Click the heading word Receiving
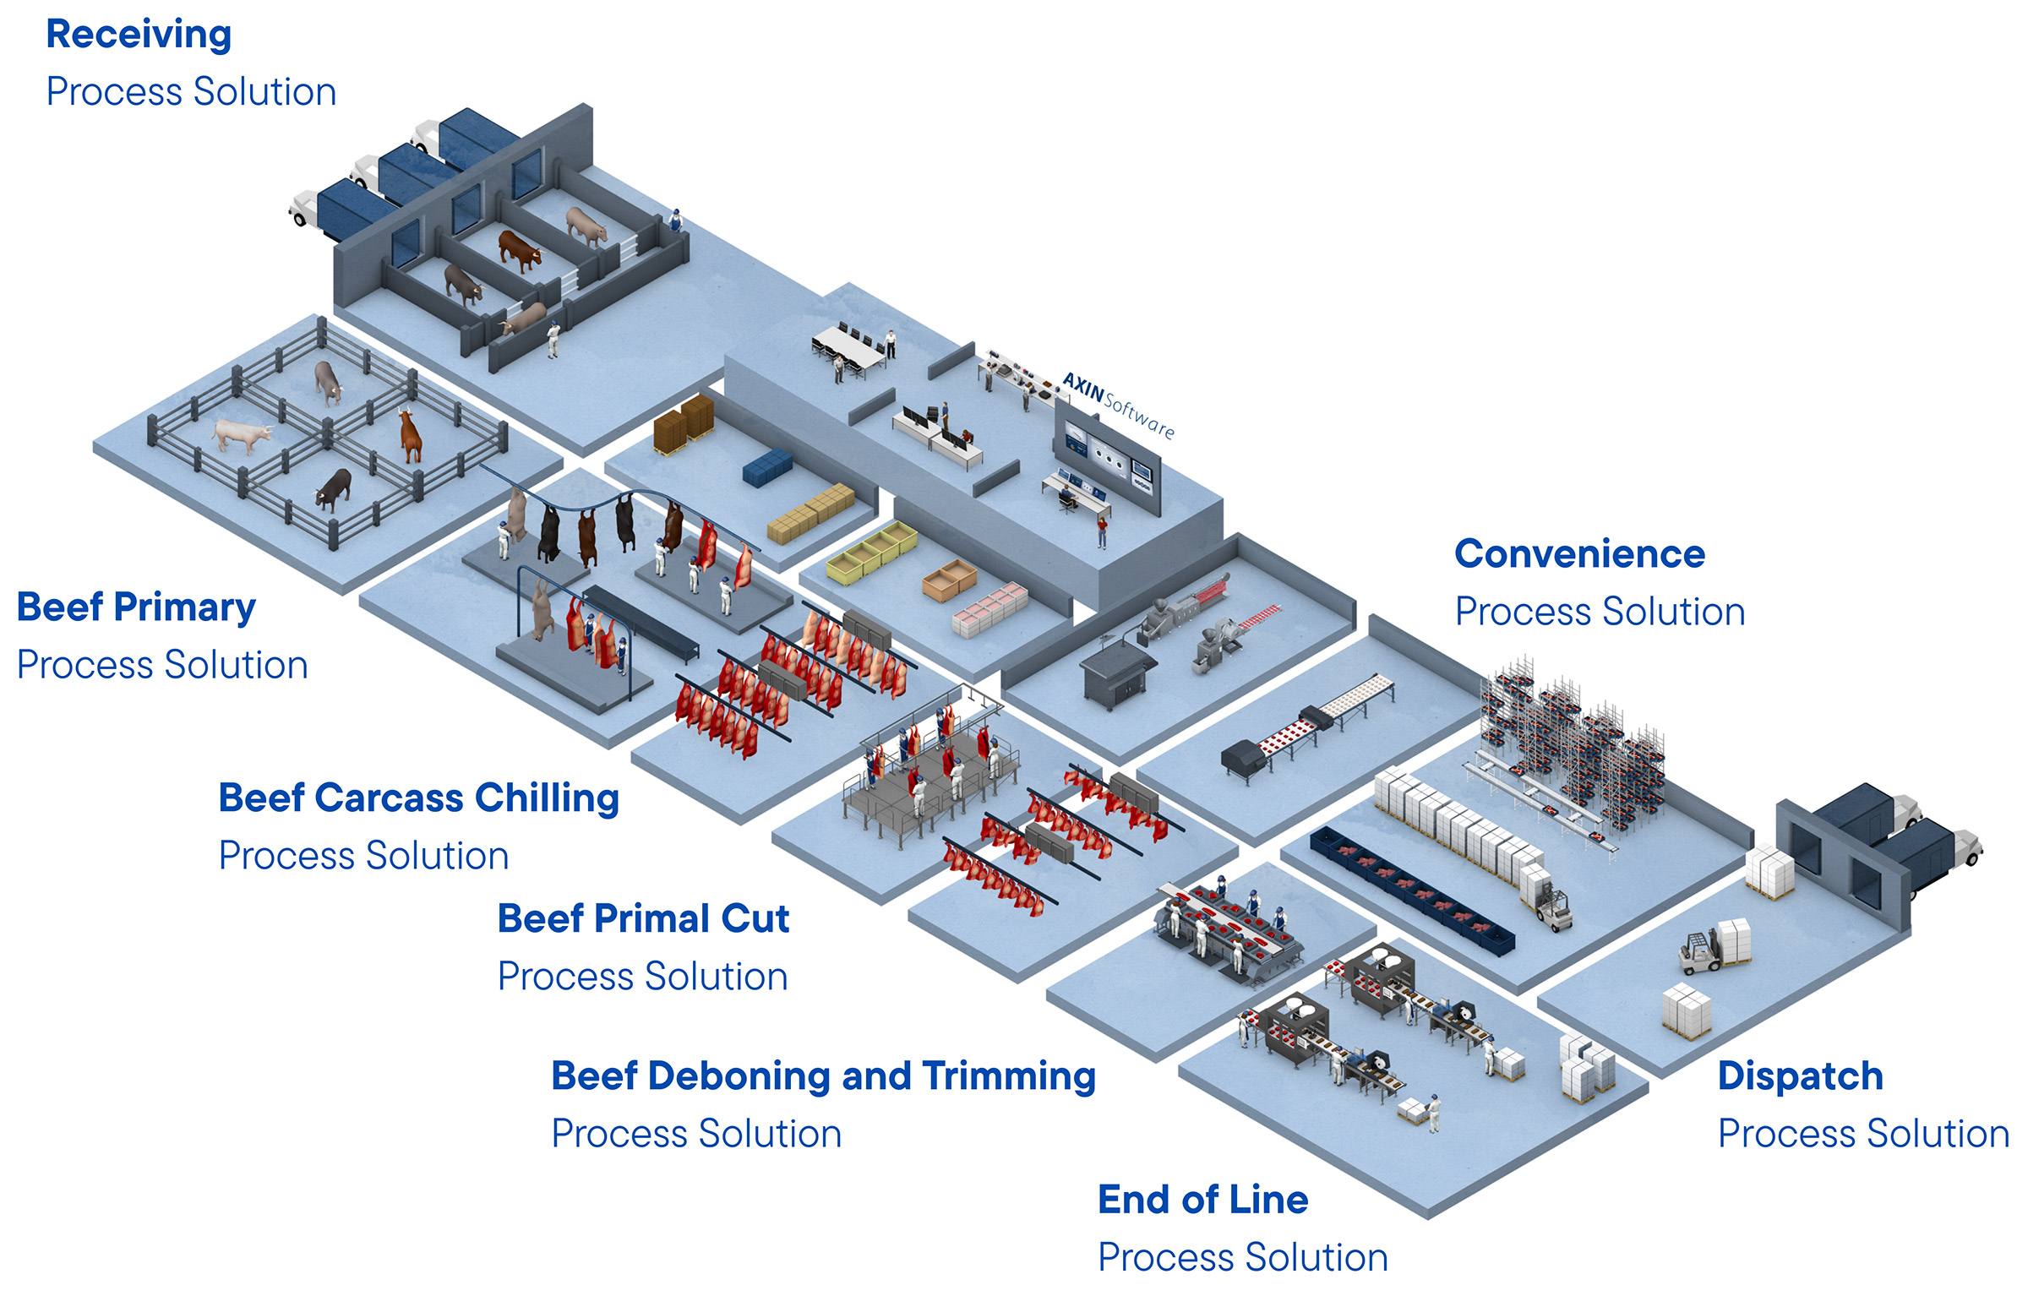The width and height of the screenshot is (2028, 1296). (x=139, y=35)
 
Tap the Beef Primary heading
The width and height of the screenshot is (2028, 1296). (x=136, y=608)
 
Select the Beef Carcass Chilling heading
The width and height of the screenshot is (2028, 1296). (x=418, y=798)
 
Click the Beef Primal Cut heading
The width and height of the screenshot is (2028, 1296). (x=643, y=919)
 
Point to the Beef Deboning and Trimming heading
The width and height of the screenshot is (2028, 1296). (x=823, y=1076)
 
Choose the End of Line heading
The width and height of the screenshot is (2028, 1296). (x=1202, y=1200)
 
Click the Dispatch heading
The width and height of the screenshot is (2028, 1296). (x=1800, y=1076)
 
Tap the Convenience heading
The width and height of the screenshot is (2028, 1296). (x=1579, y=555)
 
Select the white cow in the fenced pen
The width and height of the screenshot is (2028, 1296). (x=241, y=435)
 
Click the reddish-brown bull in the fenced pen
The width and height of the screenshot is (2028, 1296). (x=410, y=435)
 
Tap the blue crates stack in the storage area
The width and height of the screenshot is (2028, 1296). (x=767, y=467)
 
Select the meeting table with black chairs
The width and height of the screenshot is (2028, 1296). (x=848, y=349)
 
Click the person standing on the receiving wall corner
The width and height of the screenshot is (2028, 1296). (x=674, y=220)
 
